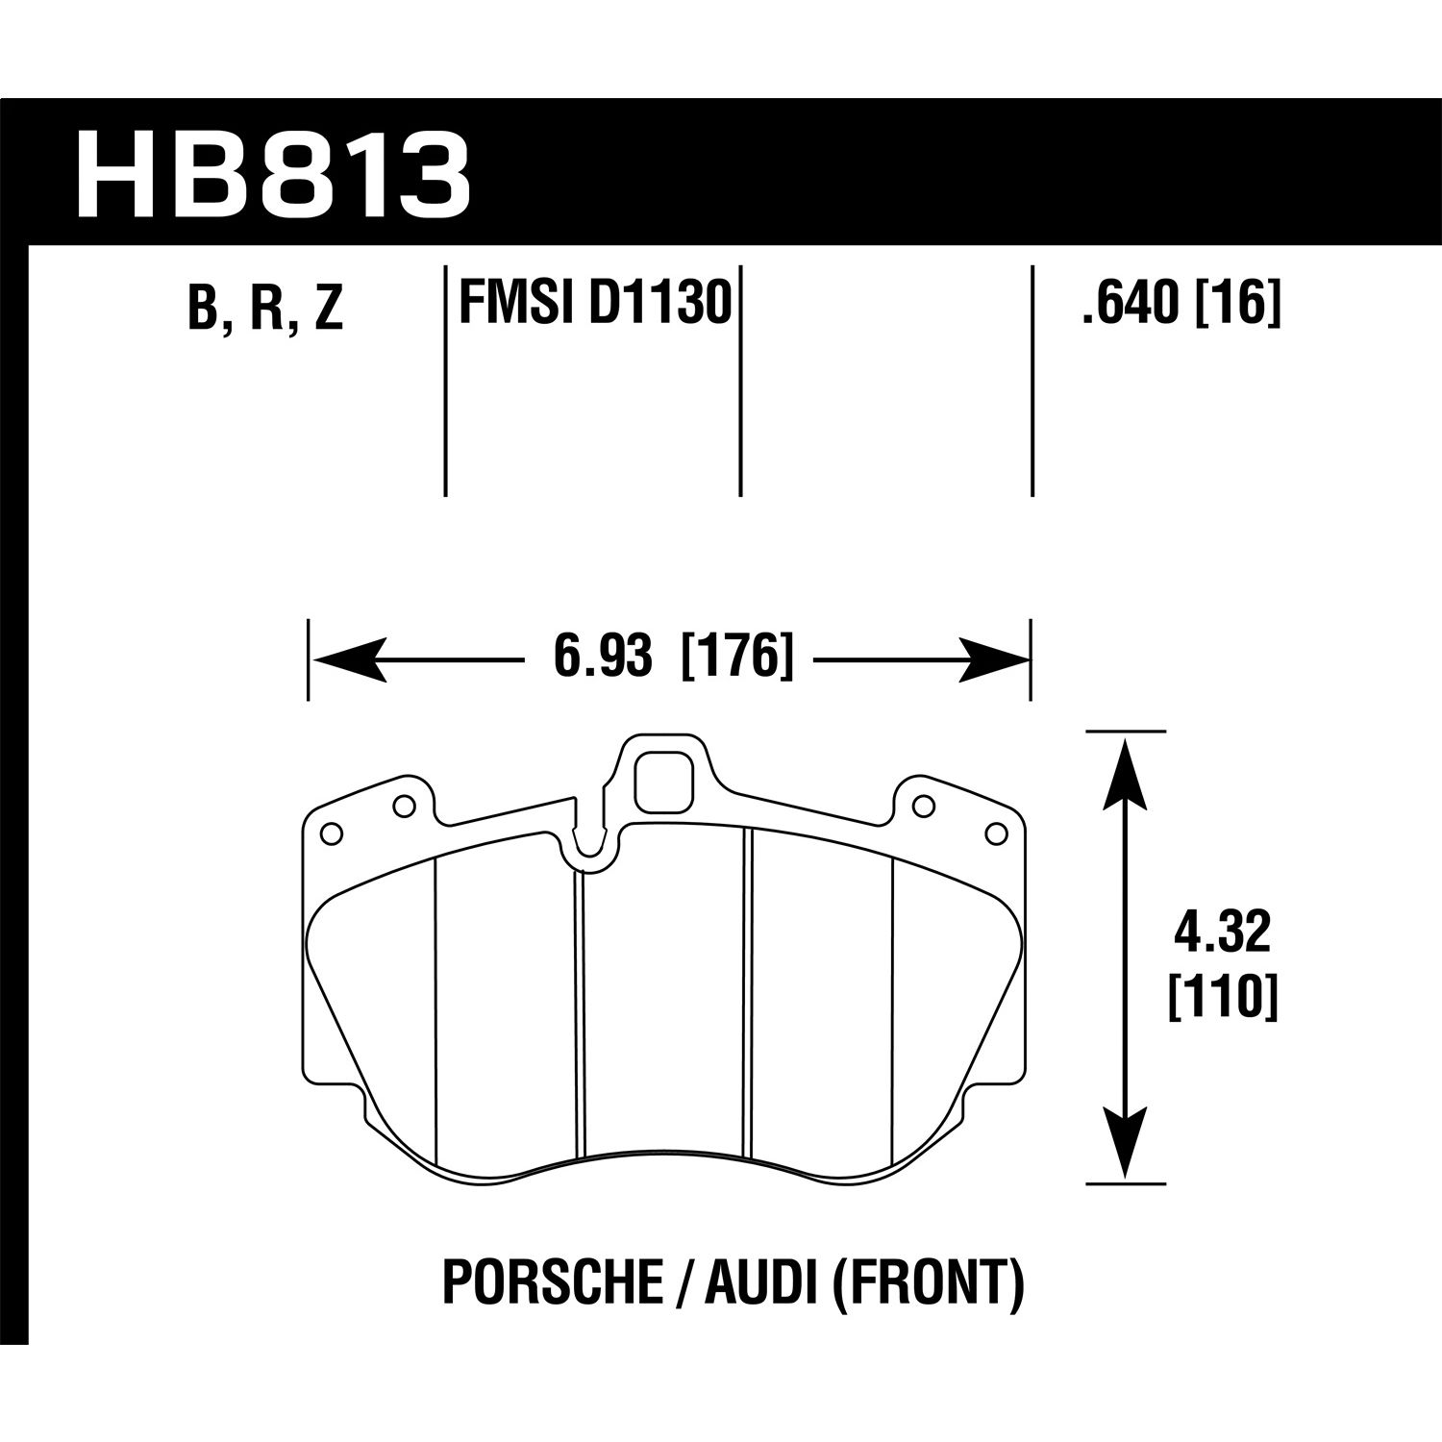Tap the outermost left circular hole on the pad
click(330, 833)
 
